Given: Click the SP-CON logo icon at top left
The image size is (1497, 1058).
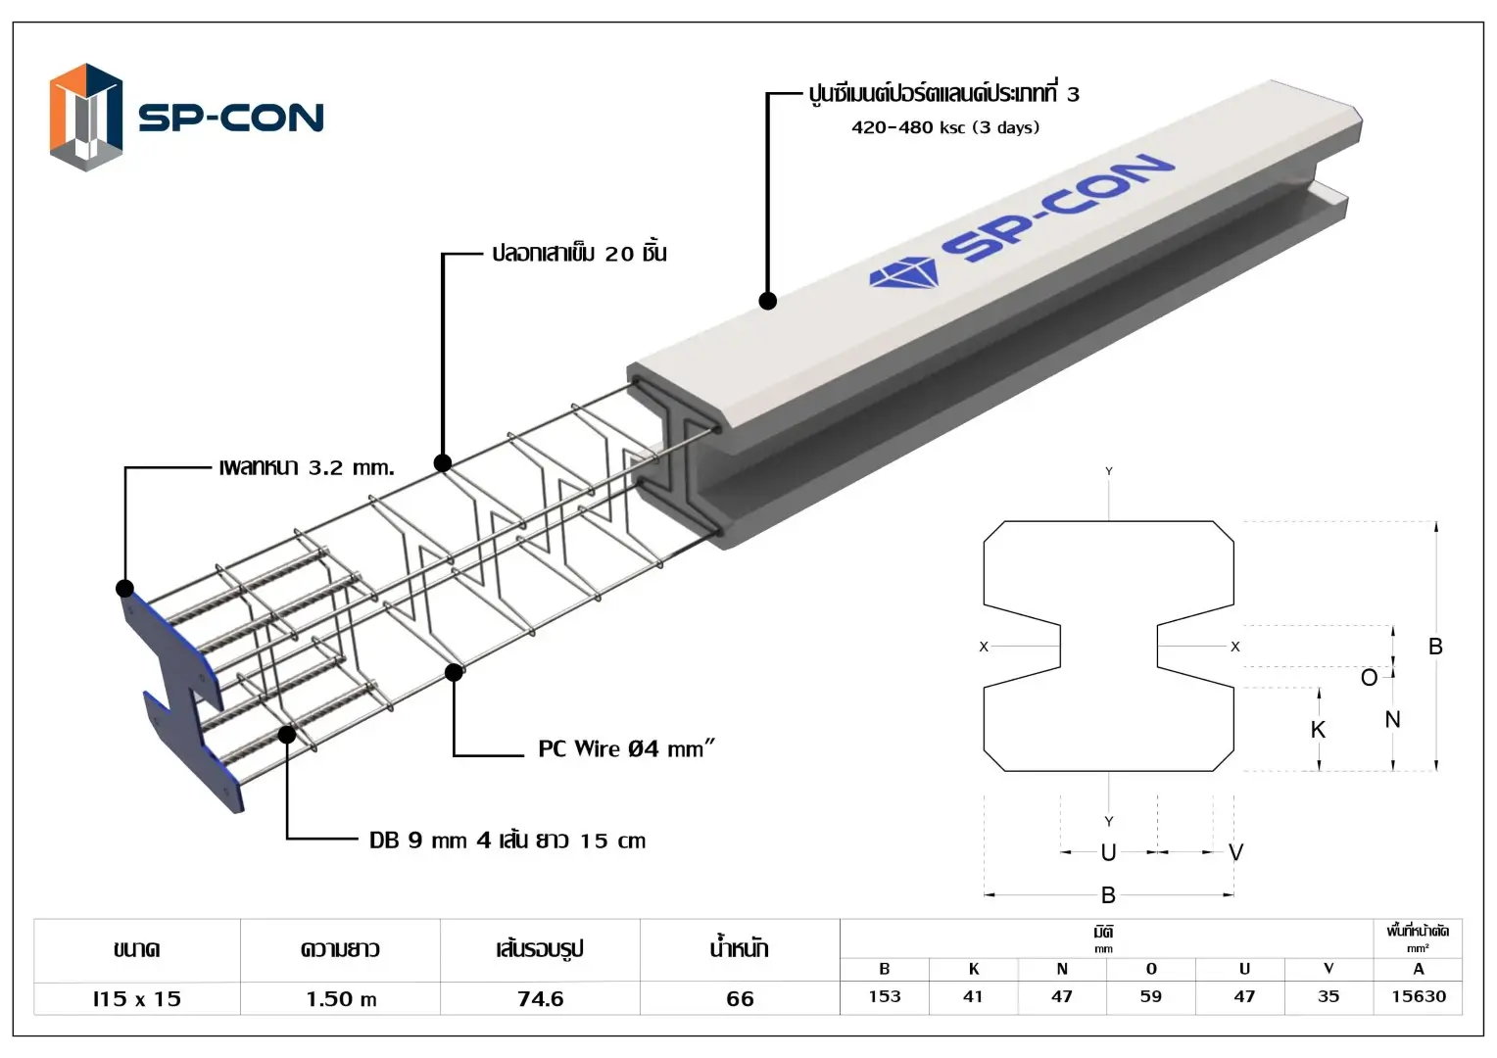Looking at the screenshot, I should pyautogui.click(x=86, y=117).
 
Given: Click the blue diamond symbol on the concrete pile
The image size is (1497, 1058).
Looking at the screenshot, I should pyautogui.click(x=903, y=273).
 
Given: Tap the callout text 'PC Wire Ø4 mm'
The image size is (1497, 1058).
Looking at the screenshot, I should pyautogui.click(x=626, y=749).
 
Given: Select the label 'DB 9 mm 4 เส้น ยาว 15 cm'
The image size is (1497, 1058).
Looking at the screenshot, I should pyautogui.click(x=507, y=841).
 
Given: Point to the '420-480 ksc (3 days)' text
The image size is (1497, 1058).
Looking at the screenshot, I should pyautogui.click(x=944, y=127).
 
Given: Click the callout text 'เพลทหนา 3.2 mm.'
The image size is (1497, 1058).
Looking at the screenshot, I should pyautogui.click(x=307, y=467).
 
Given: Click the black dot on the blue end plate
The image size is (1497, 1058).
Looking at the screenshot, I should pyautogui.click(x=124, y=588).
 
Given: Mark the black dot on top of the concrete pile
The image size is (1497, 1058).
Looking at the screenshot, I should pyautogui.click(x=768, y=301).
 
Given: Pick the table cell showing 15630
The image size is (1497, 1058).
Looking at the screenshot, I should pyautogui.click(x=1418, y=996).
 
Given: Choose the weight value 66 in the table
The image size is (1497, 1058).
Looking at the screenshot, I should pyautogui.click(x=740, y=998).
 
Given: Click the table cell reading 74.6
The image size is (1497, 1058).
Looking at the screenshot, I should pyautogui.click(x=540, y=998).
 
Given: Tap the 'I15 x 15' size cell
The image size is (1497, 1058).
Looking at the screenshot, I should pyautogui.click(x=137, y=998).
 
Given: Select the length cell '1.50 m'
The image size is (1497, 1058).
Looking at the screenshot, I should pyautogui.click(x=341, y=998).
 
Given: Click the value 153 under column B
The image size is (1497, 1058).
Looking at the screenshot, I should pyautogui.click(x=884, y=996).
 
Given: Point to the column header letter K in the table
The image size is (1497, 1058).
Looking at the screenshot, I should pyautogui.click(x=973, y=969).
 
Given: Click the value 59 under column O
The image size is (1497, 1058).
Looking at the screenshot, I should pyautogui.click(x=1151, y=996).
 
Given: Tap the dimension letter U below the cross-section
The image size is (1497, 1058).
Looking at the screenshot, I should pyautogui.click(x=1108, y=852).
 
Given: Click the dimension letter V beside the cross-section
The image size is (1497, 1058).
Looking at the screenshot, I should pyautogui.click(x=1235, y=852).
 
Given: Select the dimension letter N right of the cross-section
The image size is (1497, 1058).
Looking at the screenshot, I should pyautogui.click(x=1392, y=719).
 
